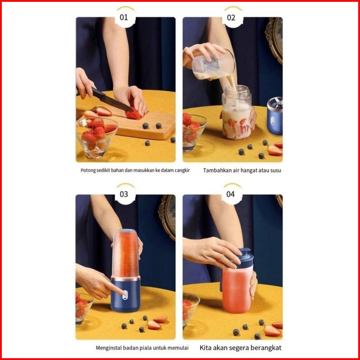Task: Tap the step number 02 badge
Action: tap(231, 18)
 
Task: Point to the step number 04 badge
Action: tap(231, 194)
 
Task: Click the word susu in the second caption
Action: tap(275, 170)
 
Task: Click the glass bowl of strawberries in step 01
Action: tap(97, 138)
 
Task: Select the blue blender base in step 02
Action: tap(275, 116)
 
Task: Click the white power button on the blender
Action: tap(125, 295)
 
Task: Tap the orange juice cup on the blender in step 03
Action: tap(125, 254)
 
